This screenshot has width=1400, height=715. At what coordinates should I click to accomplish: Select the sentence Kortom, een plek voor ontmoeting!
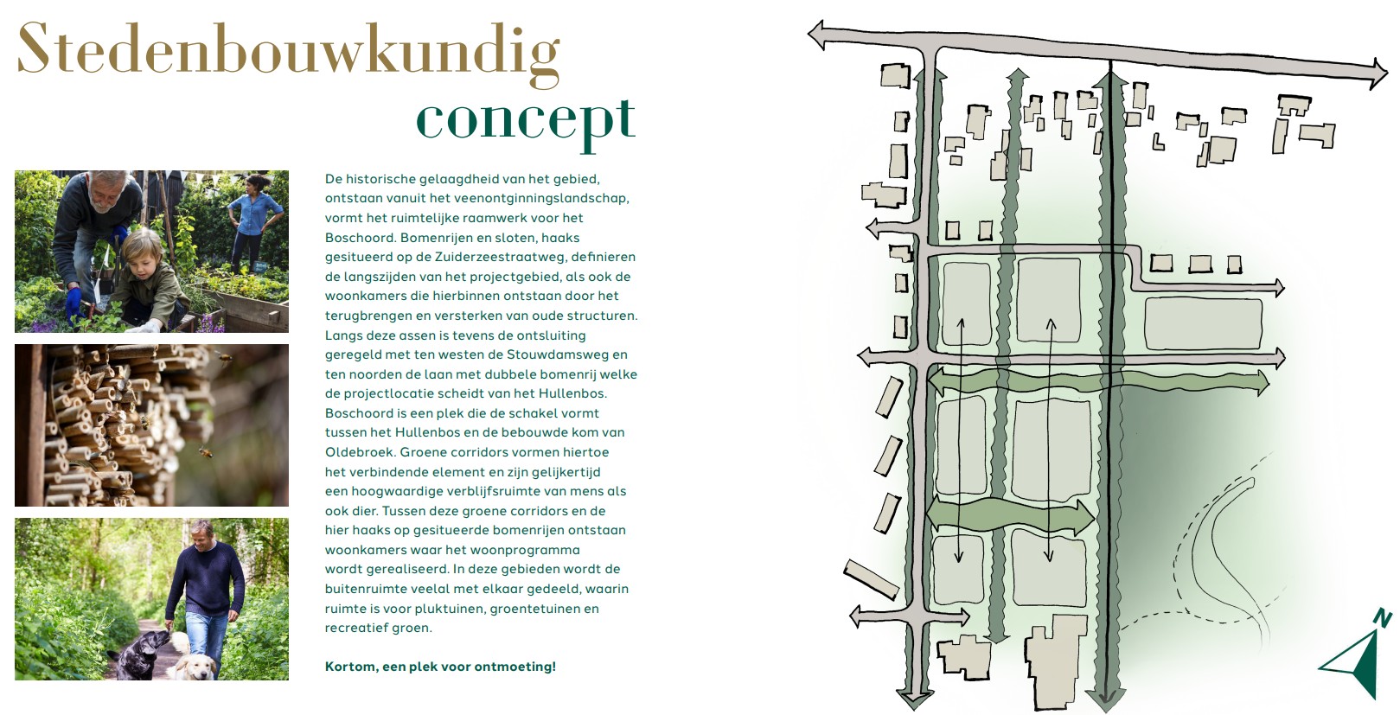pos(440,667)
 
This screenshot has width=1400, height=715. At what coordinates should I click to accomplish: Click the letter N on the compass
pos(1383,618)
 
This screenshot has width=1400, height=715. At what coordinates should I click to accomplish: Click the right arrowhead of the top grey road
pos(1378,73)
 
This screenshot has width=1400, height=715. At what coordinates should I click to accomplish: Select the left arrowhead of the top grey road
pos(817,35)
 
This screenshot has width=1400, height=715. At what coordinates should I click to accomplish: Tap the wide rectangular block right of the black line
pos(1203,323)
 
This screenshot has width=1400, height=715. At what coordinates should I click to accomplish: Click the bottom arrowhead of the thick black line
pos(1107,697)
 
